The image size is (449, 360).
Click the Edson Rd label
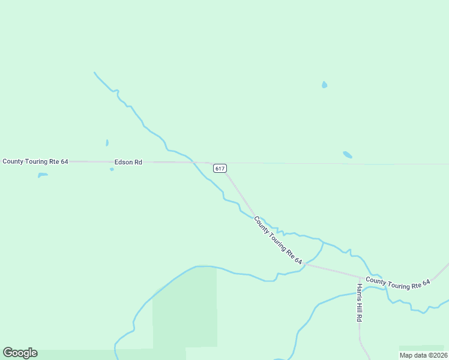coord(128,162)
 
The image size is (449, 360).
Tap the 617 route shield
coord(220,169)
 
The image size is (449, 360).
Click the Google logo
coord(20,353)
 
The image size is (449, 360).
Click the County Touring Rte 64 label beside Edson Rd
coord(35,161)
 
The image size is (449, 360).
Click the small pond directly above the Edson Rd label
coord(107,143)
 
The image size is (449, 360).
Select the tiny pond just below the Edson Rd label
coord(112,169)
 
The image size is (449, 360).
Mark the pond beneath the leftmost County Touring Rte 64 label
coord(43,175)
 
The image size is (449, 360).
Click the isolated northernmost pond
coord(324,85)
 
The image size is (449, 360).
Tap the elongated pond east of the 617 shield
coord(347,155)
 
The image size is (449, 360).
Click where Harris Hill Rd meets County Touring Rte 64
coord(360,277)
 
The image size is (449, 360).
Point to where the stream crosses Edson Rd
coord(192,161)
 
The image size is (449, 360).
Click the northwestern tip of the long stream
coord(94,73)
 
